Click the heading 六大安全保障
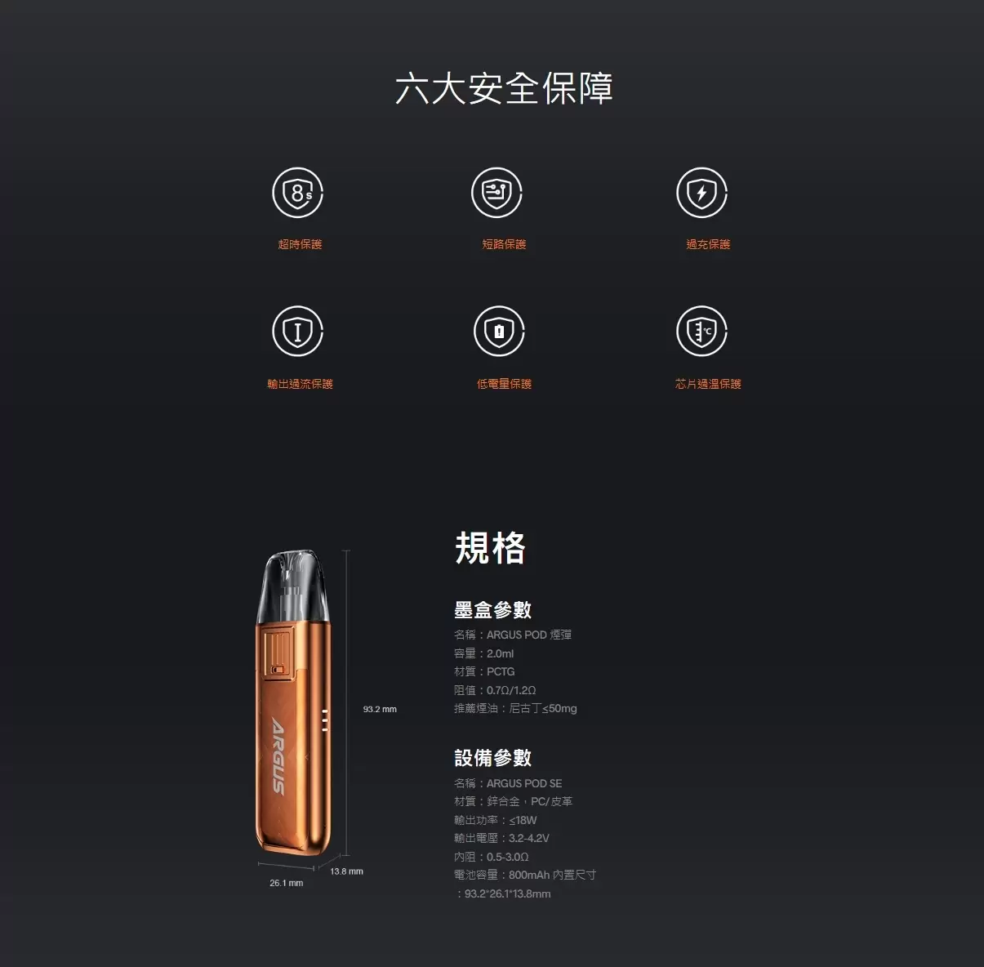click(x=504, y=89)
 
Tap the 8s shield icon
click(x=298, y=193)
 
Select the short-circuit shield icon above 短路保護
click(x=496, y=193)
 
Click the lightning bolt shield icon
click(x=701, y=193)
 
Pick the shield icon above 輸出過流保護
click(x=298, y=331)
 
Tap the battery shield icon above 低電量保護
click(x=499, y=331)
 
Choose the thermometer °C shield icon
click(x=701, y=331)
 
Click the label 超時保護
click(x=300, y=244)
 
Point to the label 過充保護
click(x=708, y=244)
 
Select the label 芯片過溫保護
click(x=708, y=384)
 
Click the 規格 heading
click(x=490, y=547)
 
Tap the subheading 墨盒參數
click(x=492, y=609)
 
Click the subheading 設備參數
click(x=492, y=758)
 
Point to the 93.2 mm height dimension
click(x=380, y=709)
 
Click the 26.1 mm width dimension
click(x=287, y=883)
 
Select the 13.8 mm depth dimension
click(x=346, y=871)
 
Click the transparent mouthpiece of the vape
click(x=293, y=586)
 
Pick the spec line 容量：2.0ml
click(x=483, y=653)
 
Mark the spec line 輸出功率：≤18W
click(x=496, y=820)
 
